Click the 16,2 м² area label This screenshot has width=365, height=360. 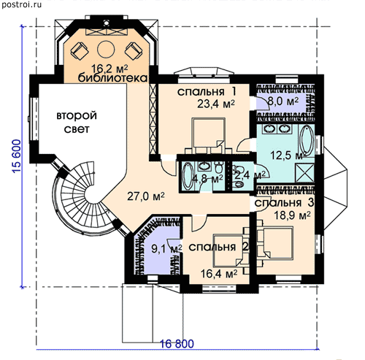tap(109, 69)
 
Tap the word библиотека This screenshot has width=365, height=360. tap(112, 78)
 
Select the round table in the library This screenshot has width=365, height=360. tap(106, 49)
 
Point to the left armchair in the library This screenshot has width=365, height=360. tap(80, 50)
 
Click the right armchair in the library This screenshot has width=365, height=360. tap(134, 50)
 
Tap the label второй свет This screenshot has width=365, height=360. tap(77, 122)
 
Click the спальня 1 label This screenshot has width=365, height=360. tap(207, 92)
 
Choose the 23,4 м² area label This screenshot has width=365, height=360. tap(216, 104)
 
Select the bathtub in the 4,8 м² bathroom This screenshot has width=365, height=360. tap(187, 176)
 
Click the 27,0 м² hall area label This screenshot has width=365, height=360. tap(146, 196)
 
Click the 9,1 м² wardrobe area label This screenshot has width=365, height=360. tap(166, 249)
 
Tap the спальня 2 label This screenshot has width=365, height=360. tap(218, 248)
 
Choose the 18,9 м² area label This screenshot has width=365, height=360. tap(292, 215)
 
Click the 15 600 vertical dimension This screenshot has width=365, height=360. tap(17, 156)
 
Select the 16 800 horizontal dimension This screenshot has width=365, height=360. tap(177, 344)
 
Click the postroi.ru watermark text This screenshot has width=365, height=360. tap(21, 4)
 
